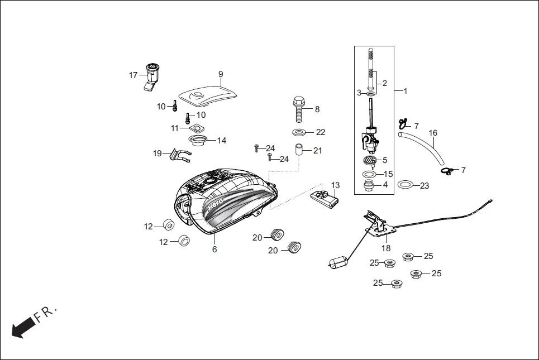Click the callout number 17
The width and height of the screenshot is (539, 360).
tap(133, 75)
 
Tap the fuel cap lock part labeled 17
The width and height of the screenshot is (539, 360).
tap(151, 75)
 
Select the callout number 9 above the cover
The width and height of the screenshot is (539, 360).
tap(221, 74)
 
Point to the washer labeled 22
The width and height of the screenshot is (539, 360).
tap(299, 133)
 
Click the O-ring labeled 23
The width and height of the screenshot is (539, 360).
tap(406, 185)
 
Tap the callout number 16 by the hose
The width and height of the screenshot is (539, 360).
tap(433, 133)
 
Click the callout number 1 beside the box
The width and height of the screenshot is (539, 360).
tap(406, 90)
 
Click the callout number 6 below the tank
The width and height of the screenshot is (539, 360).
tap(214, 249)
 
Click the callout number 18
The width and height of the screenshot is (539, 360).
tap(386, 248)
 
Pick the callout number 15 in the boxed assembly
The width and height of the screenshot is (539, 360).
tap(388, 174)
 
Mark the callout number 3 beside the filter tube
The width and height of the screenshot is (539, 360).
tap(359, 92)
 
